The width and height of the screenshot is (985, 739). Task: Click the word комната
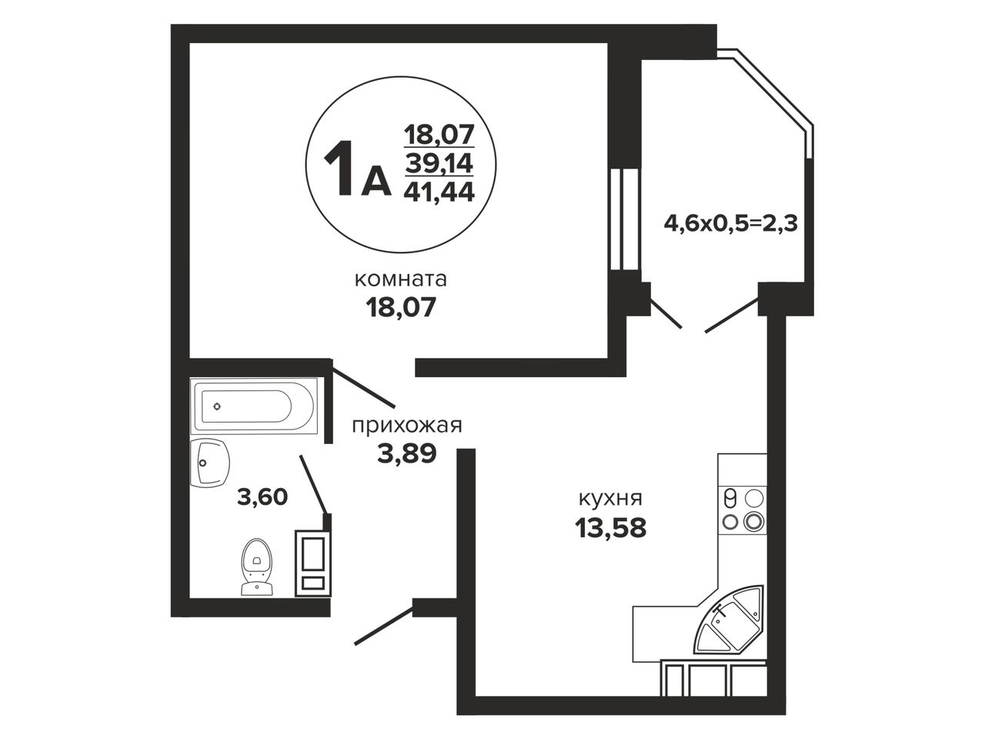click(x=400, y=280)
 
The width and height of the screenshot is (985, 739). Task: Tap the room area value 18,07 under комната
click(x=401, y=308)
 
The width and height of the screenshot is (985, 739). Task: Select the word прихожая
click(x=406, y=426)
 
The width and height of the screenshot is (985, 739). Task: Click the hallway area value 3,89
click(x=406, y=454)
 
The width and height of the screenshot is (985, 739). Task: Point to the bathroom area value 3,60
click(x=262, y=497)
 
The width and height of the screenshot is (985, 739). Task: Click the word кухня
click(x=610, y=499)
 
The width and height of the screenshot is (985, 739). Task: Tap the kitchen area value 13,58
click(x=610, y=528)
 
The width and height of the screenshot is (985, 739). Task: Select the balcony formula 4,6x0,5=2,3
click(x=730, y=223)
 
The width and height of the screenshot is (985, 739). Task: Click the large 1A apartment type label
click(x=358, y=169)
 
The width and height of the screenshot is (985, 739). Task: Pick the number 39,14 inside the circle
click(x=439, y=163)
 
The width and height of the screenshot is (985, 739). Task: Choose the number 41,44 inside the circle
click(x=439, y=192)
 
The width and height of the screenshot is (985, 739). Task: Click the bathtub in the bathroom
click(x=255, y=406)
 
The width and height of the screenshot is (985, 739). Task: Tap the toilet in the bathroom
click(x=257, y=567)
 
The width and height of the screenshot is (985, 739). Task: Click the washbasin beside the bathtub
click(x=209, y=462)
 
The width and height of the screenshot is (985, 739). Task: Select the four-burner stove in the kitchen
click(x=743, y=510)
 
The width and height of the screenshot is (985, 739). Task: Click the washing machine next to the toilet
click(x=312, y=563)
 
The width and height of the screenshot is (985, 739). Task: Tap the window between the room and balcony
click(x=625, y=219)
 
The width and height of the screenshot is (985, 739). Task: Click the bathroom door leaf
click(x=316, y=485)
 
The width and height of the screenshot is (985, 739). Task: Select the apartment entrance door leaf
click(x=384, y=626)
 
